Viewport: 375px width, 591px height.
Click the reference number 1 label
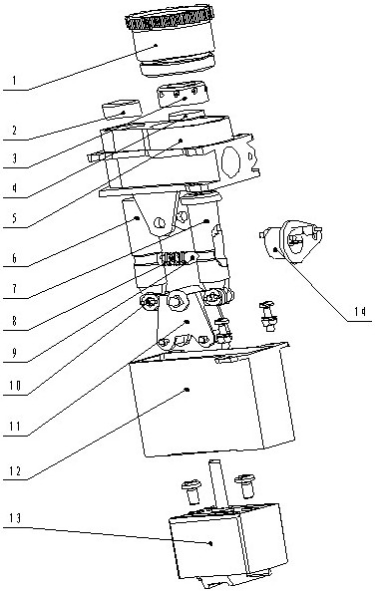tap(14, 81)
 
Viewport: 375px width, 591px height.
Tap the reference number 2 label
tap(14, 131)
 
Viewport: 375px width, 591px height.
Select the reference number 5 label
tap(14, 218)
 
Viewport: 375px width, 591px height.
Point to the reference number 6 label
tap(14, 258)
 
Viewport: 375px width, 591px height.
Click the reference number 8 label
tap(14, 321)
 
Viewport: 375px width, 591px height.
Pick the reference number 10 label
tap(15, 386)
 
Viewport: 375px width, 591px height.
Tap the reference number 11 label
tap(15, 427)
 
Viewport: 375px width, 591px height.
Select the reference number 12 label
tap(15, 470)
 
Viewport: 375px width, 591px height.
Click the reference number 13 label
tap(15, 518)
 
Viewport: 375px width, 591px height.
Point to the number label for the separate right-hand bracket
tap(360, 311)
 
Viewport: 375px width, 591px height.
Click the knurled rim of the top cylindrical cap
tap(170, 17)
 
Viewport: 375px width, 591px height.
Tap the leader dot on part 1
tap(156, 45)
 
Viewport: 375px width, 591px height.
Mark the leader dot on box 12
tap(187, 390)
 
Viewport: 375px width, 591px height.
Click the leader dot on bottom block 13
tap(210, 543)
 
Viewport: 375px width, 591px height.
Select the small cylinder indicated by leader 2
tap(122, 110)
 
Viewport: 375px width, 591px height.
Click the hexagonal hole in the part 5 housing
tap(231, 160)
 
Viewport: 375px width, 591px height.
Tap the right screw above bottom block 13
tap(244, 485)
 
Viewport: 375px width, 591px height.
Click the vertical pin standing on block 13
tap(218, 482)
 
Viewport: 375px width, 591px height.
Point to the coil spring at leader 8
tap(173, 258)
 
